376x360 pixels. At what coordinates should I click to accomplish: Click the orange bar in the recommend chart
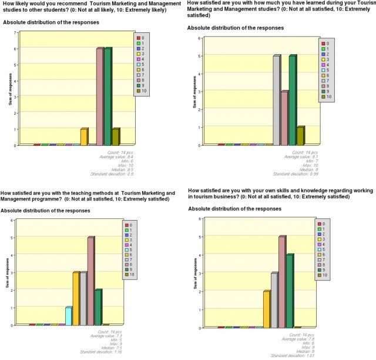(84, 136)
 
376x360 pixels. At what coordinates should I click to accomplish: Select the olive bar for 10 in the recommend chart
(116, 136)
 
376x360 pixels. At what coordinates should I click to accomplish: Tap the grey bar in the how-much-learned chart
(276, 100)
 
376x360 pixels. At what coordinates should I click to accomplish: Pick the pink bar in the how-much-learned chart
(284, 118)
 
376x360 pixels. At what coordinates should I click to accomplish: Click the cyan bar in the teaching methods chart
(69, 316)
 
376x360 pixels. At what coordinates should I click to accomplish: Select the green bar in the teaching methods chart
(98, 307)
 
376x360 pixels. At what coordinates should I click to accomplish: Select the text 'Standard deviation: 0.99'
(299, 174)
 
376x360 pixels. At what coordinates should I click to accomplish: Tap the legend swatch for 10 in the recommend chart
(137, 91)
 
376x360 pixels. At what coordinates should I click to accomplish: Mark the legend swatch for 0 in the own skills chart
(320, 224)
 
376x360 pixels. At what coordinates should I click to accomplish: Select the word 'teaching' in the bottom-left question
(95, 192)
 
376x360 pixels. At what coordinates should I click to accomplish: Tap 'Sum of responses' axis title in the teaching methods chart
(8, 271)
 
